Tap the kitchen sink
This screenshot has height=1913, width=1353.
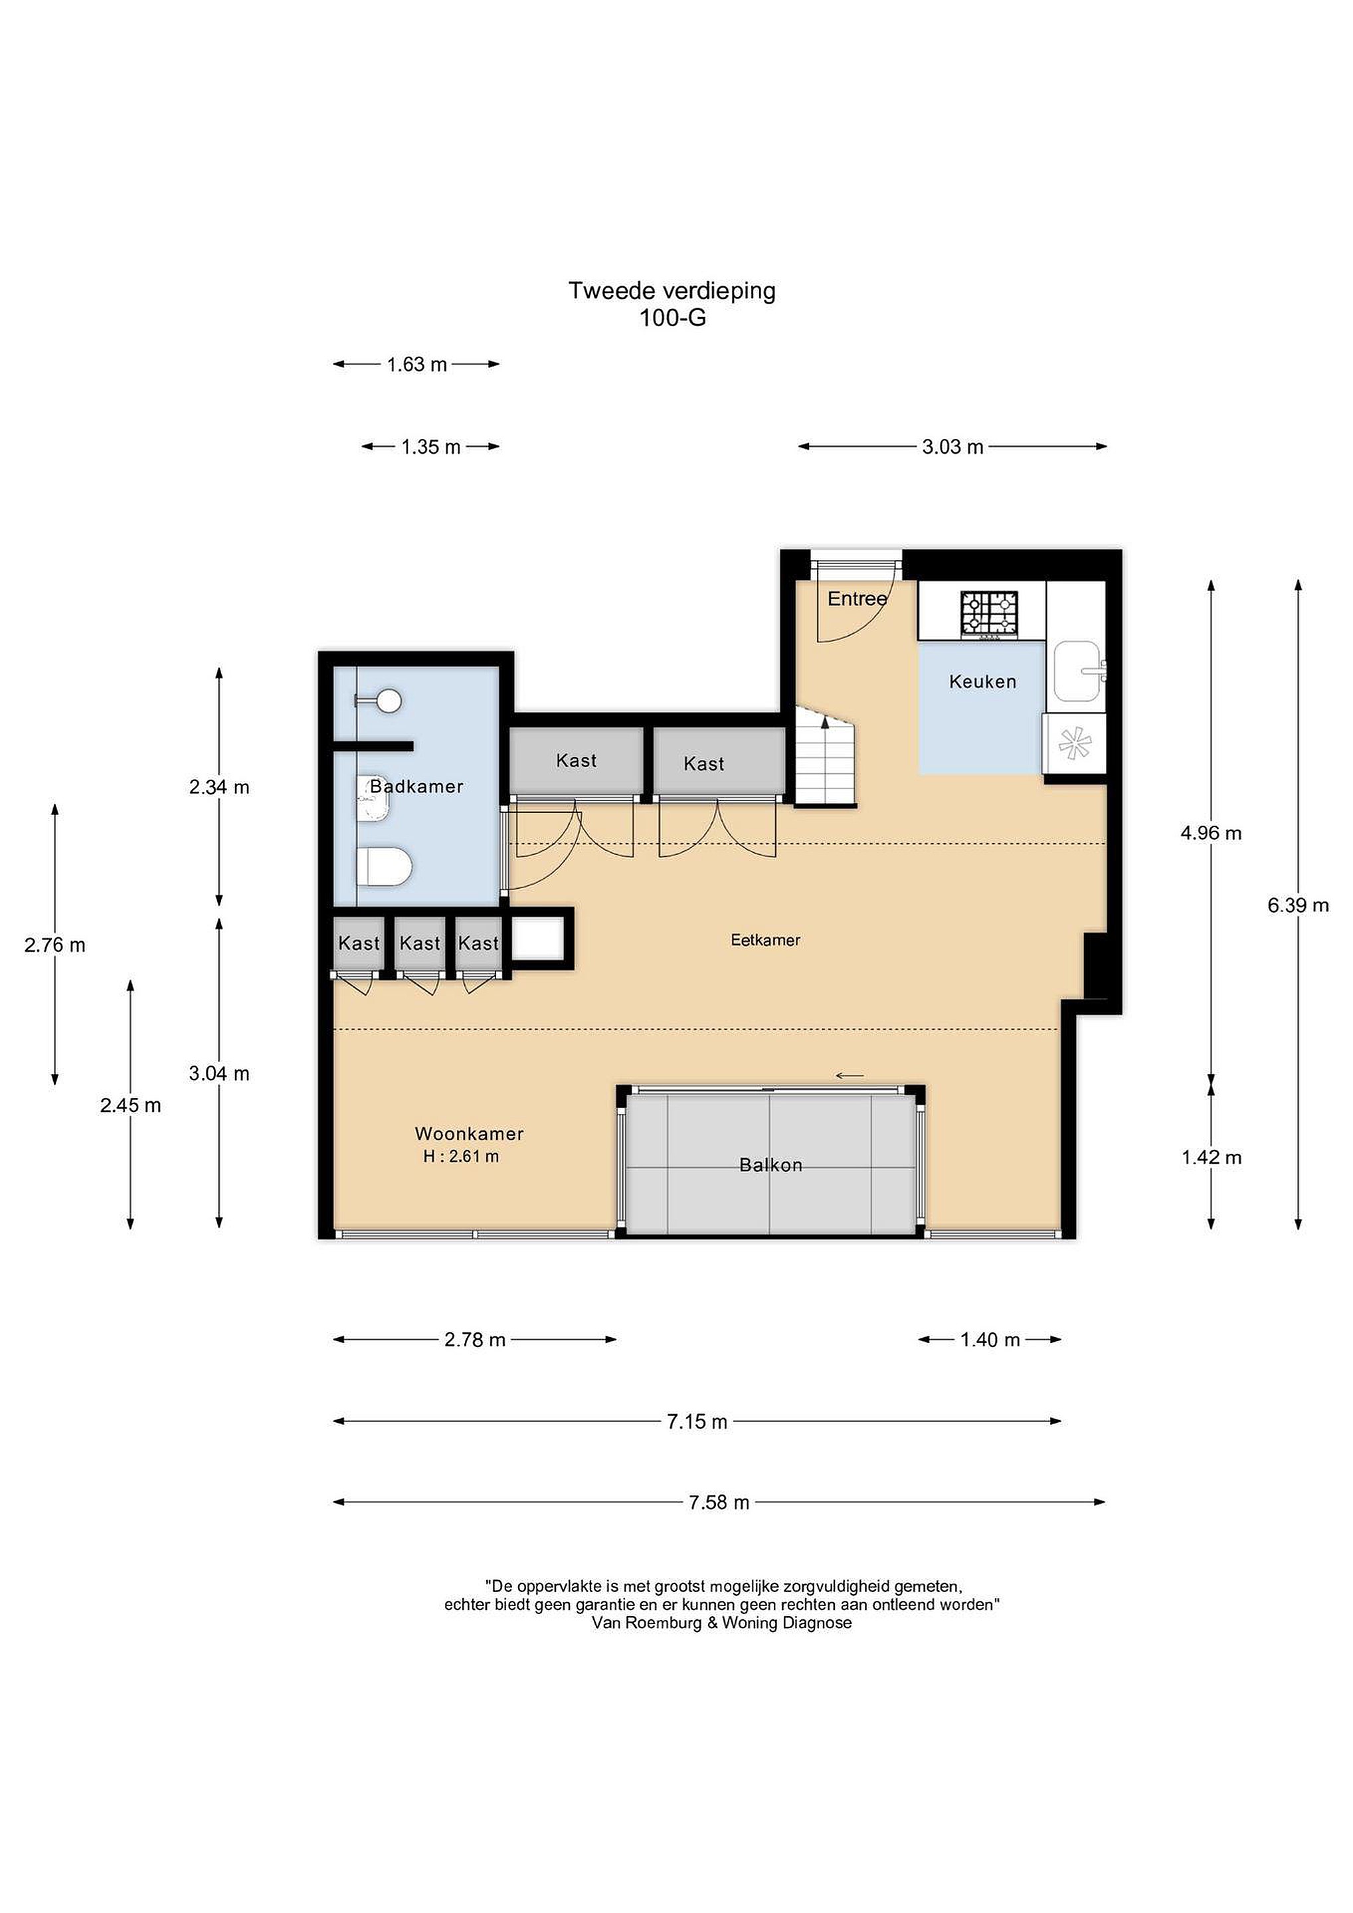click(x=1081, y=671)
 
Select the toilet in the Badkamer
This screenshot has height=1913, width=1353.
click(x=384, y=867)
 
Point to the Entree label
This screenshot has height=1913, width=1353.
click(x=857, y=598)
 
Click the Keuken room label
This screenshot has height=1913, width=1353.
click(x=983, y=682)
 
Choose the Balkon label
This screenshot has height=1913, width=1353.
click(x=770, y=1165)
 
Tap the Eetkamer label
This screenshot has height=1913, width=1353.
click(x=766, y=940)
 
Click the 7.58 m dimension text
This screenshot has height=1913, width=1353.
click(x=719, y=1503)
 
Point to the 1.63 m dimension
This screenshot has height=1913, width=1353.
click(x=416, y=364)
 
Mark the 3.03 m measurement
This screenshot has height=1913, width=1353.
click(x=952, y=446)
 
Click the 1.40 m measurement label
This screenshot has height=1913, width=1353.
click(x=990, y=1340)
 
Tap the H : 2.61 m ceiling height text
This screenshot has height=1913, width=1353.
click(x=461, y=1156)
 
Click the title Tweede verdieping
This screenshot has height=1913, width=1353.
click(x=672, y=291)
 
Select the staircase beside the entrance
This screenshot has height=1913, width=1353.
click(x=826, y=756)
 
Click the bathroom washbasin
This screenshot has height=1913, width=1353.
click(x=374, y=798)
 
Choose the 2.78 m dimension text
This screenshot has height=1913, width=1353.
click(x=475, y=1340)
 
